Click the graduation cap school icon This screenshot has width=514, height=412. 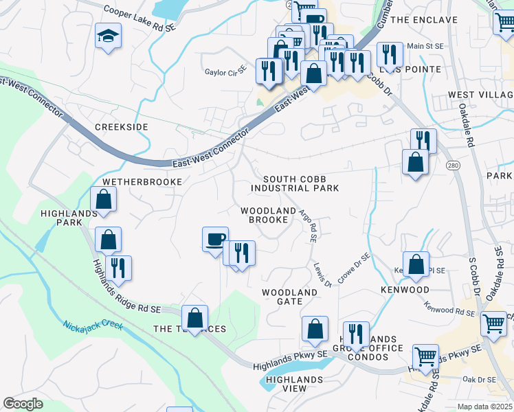[108, 36]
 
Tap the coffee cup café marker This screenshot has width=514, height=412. [215, 239]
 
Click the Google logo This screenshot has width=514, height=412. [23, 404]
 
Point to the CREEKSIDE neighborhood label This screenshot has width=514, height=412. [122, 128]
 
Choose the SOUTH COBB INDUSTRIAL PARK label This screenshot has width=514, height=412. [295, 183]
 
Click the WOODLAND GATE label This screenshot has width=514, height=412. [289, 297]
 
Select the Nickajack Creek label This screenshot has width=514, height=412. [92, 325]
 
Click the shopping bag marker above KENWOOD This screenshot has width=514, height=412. [416, 264]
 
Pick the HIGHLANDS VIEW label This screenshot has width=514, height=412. [295, 384]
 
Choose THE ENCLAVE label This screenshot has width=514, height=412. [424, 20]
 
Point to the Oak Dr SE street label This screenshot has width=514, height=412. [479, 379]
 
